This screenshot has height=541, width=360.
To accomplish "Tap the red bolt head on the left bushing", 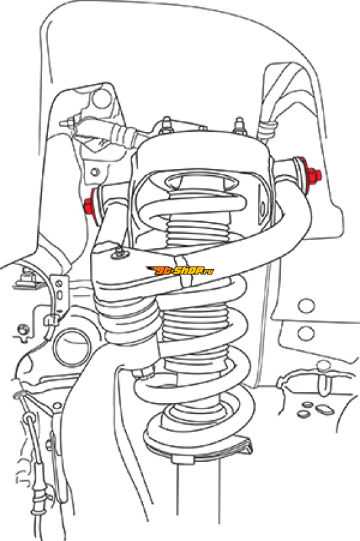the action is click(89, 206).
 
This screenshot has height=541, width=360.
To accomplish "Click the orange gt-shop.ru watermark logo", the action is click(180, 270).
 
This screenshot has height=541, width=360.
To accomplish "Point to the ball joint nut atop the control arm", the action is click(119, 252).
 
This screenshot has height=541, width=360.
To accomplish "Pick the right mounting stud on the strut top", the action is click(239, 126).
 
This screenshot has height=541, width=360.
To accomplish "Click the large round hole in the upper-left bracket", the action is click(102, 98).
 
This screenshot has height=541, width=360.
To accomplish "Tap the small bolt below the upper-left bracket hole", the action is click(95, 172).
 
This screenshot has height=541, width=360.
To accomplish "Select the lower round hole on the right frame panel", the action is click(306, 333).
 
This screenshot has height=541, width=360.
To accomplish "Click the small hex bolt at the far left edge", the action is click(23, 329).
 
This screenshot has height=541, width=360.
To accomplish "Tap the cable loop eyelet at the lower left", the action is click(30, 419).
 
